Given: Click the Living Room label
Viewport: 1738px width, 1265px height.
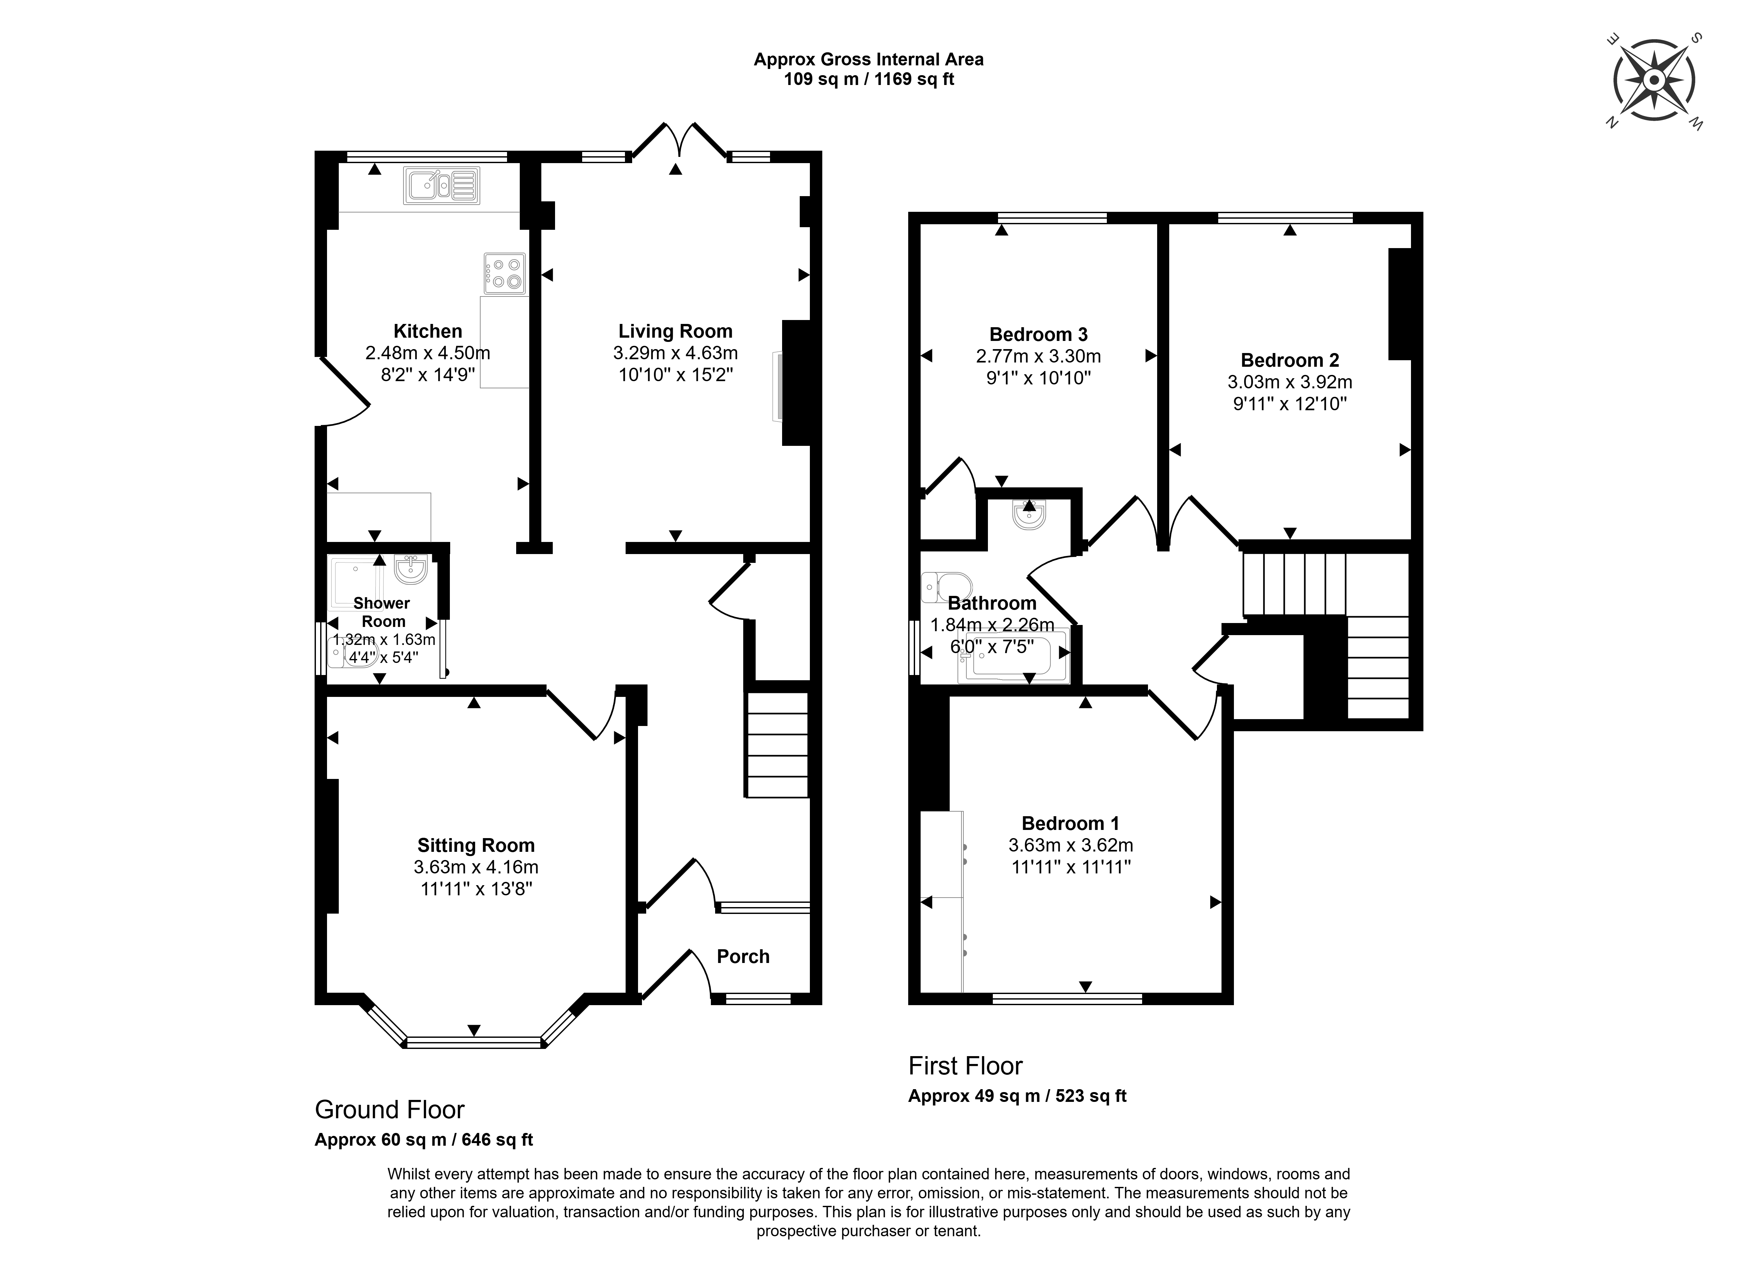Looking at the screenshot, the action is point(675,331).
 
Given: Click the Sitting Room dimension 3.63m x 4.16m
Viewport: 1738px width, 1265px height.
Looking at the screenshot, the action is point(476,867).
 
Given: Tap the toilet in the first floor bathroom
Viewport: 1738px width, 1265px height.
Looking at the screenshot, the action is point(947,587).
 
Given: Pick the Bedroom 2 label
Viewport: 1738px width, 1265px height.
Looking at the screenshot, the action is point(1290,360).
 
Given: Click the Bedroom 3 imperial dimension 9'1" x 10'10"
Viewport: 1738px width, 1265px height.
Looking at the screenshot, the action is point(1038,378).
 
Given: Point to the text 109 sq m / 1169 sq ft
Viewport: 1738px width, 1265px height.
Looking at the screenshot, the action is point(868,79).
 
